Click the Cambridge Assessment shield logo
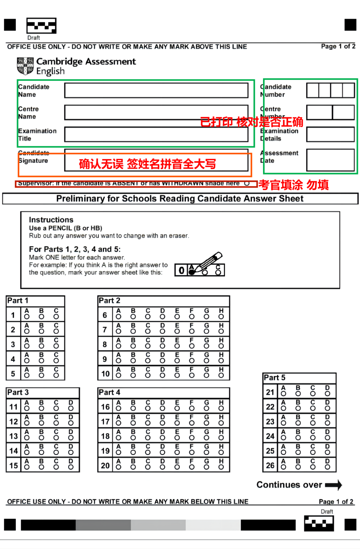tap(25, 66)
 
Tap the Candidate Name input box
tap(156, 90)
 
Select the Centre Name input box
tap(156, 113)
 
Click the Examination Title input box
tap(156, 134)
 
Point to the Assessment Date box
tap(330, 160)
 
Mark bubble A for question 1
tap(27, 317)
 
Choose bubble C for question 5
tap(56, 375)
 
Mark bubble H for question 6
tap(221, 317)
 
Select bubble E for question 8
tap(177, 346)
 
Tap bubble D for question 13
tap(71, 438)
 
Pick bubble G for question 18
tap(206, 438)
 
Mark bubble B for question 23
tap(298, 423)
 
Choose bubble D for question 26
tap(328, 467)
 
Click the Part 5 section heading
tap(274, 377)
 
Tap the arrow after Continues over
tap(334, 485)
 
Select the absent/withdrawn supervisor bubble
tap(247, 183)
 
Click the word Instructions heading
tap(51, 220)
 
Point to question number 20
tap(105, 466)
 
